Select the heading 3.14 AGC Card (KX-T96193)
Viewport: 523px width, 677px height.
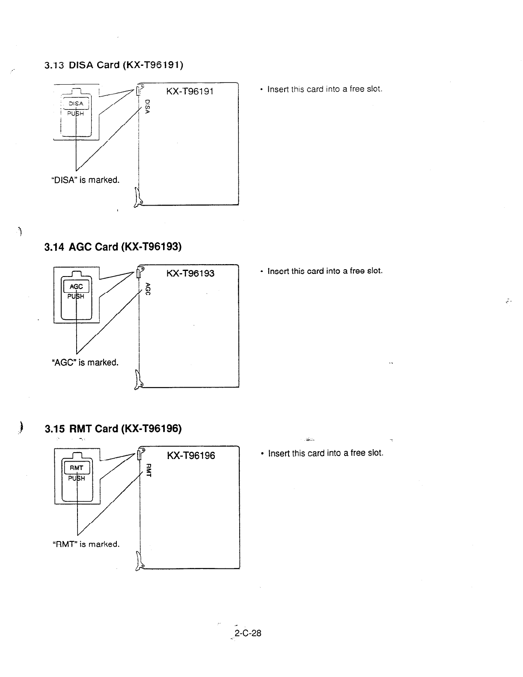click(113, 247)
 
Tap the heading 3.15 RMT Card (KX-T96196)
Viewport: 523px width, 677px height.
click(113, 428)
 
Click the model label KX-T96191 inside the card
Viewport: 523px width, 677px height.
click(190, 91)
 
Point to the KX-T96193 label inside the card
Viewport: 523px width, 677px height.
click(190, 273)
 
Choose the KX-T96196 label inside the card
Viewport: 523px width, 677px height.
click(191, 456)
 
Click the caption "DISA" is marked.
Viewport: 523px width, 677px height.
click(85, 180)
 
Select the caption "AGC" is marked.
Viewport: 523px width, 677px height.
click(85, 362)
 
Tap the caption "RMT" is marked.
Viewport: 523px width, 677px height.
click(86, 544)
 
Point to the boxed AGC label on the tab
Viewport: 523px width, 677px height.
click(76, 286)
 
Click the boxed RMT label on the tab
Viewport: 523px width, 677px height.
click(77, 468)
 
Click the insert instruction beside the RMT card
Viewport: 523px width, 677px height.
click(325, 453)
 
